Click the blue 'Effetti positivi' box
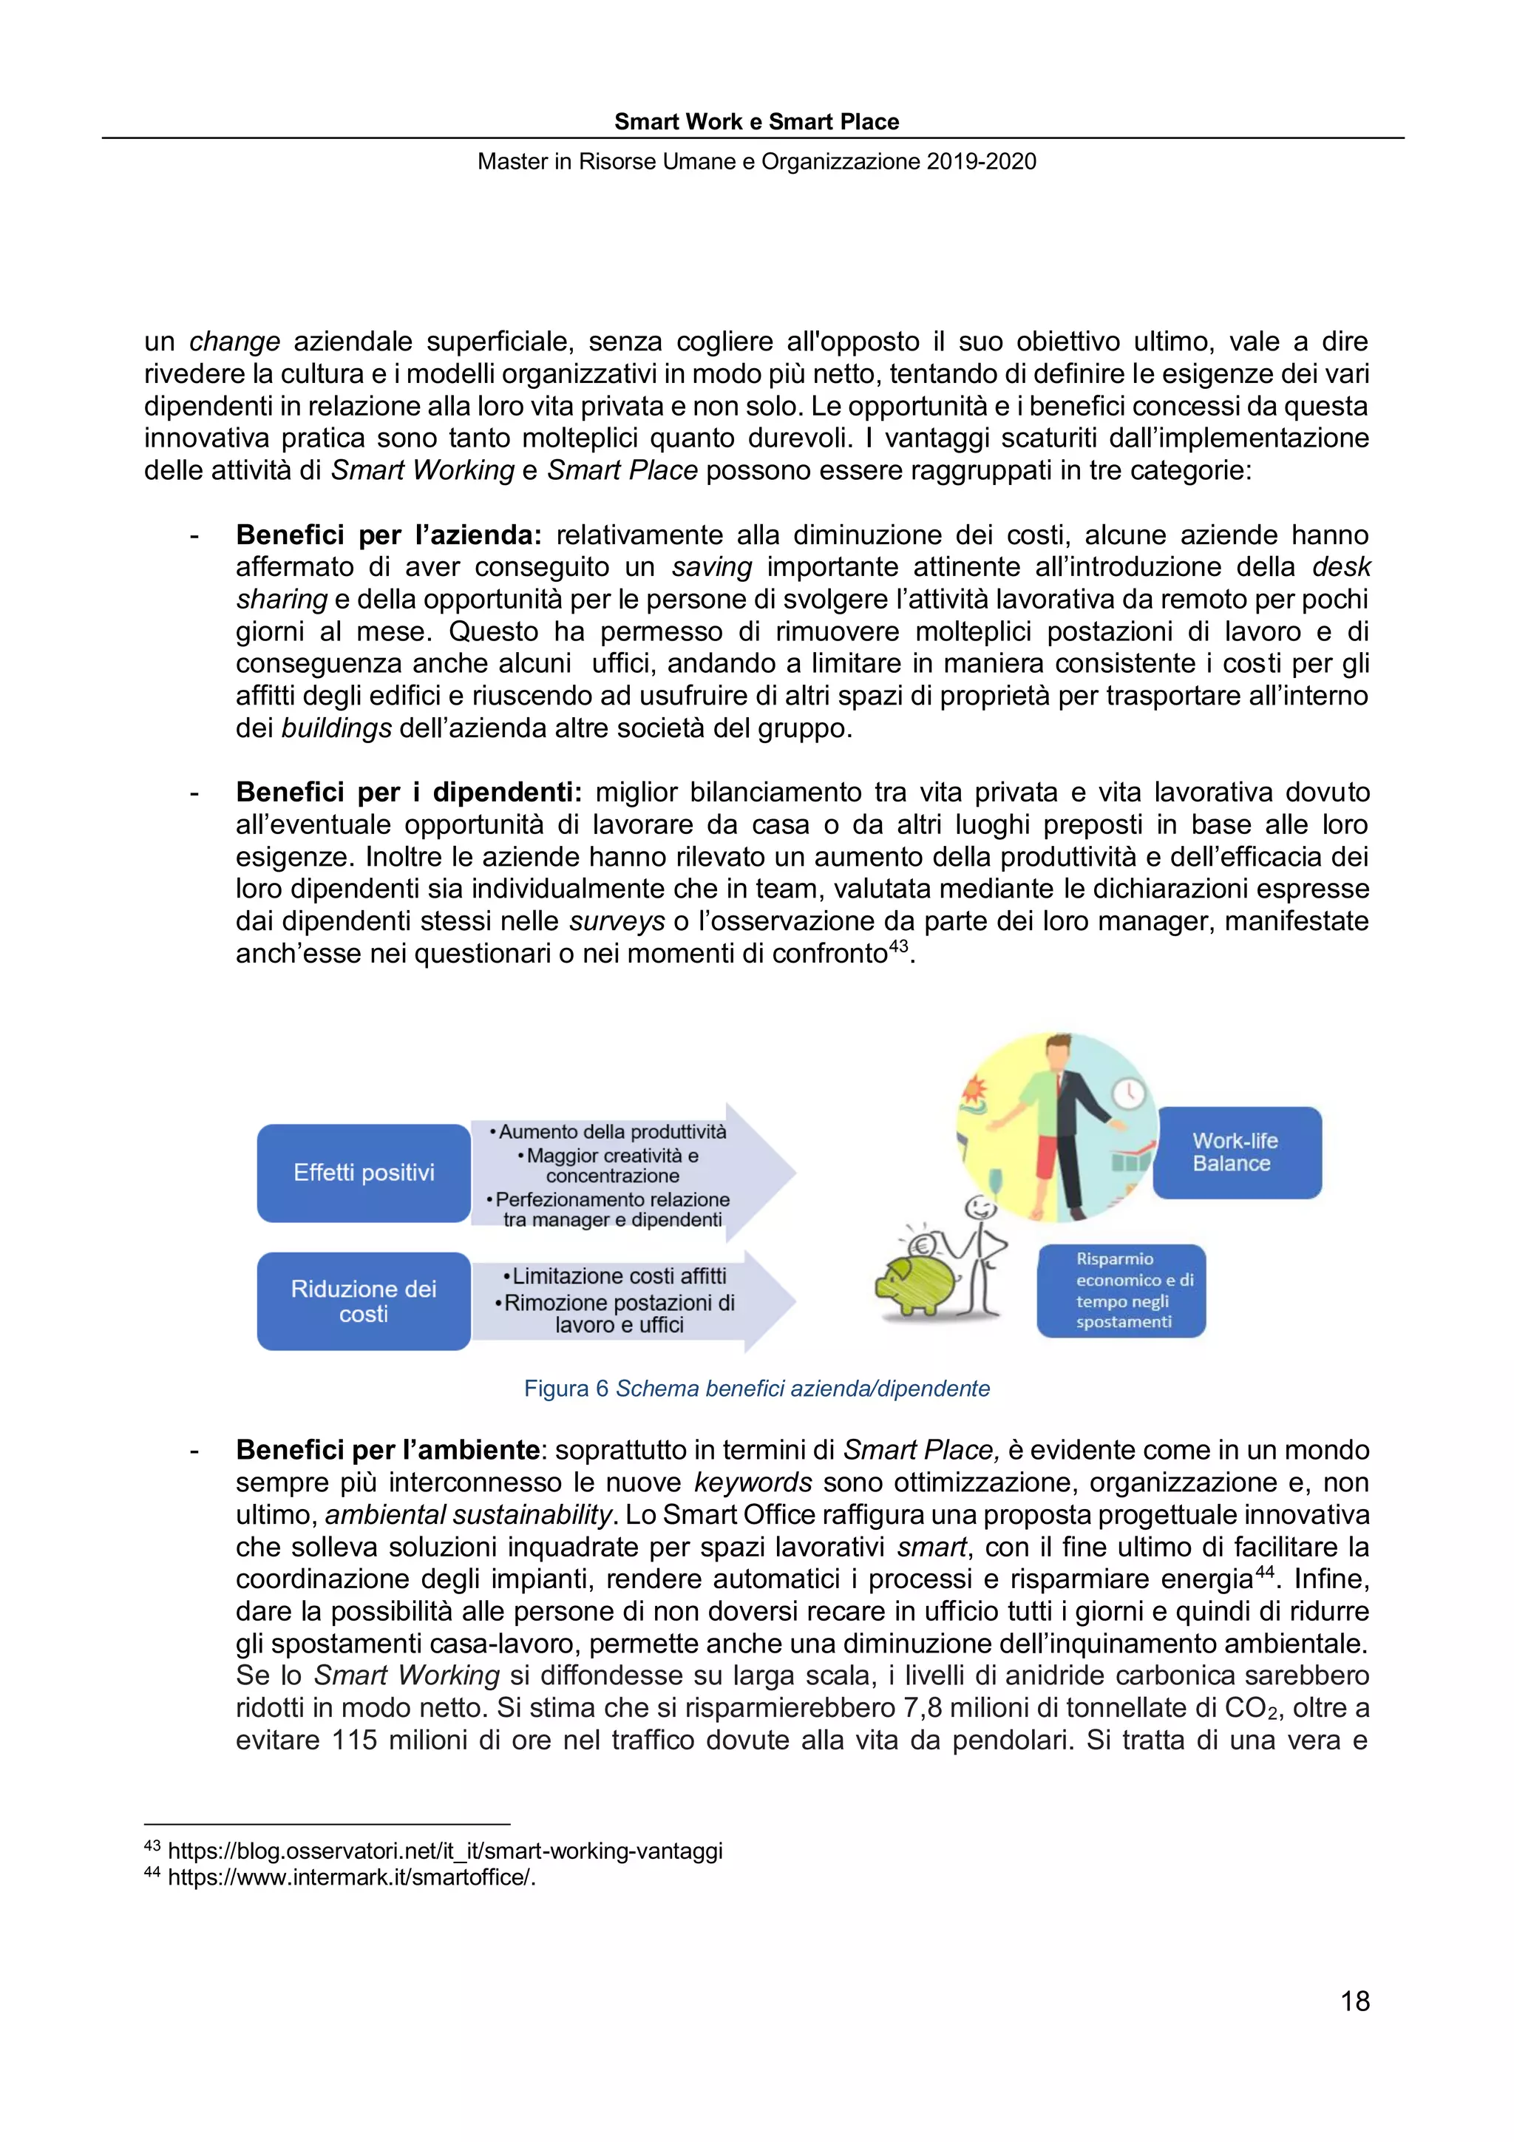363,1173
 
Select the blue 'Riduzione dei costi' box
363,1301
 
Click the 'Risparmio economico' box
1121,1290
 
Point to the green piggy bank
912,1287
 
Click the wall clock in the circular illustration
1130,1094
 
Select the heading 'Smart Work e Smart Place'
756,121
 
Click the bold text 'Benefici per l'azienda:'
388,535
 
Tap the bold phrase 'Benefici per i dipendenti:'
409,792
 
